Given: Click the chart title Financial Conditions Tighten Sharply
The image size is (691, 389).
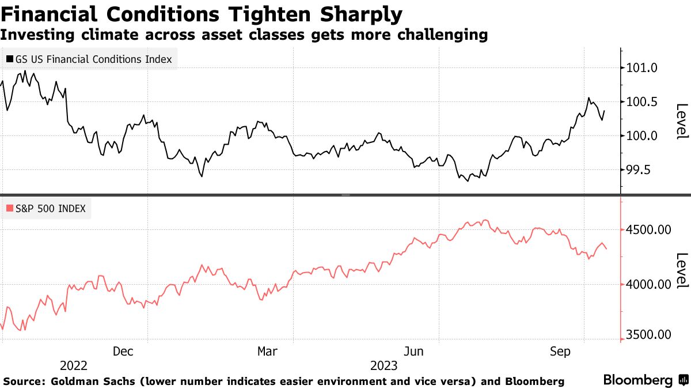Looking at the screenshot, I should pos(202,13).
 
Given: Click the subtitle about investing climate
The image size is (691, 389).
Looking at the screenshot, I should pos(244,35).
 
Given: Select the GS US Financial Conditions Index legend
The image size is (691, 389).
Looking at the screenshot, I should pos(89,59).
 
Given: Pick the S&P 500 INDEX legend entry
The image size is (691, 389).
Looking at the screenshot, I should pos(45,209).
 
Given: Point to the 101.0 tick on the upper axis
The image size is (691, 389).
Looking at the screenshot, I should pos(641,69).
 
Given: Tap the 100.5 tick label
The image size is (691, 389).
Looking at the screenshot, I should pos(641,102).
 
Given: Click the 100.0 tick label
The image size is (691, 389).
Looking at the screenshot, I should pos(641,136).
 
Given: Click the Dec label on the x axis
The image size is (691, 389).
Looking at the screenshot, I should pos(124,351).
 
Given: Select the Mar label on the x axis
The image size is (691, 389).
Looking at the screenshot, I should pos(268,351).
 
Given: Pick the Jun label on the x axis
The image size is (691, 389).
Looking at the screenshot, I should pos(415,351).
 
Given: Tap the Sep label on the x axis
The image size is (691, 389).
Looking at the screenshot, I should pos(560,351).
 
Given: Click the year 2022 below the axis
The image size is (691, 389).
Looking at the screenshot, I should pos(74,366).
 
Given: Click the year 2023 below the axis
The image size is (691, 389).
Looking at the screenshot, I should pos(384,366).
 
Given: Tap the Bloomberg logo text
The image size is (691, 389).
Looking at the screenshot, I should pos(638,380).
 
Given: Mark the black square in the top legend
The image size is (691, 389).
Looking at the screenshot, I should pos(10,59).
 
